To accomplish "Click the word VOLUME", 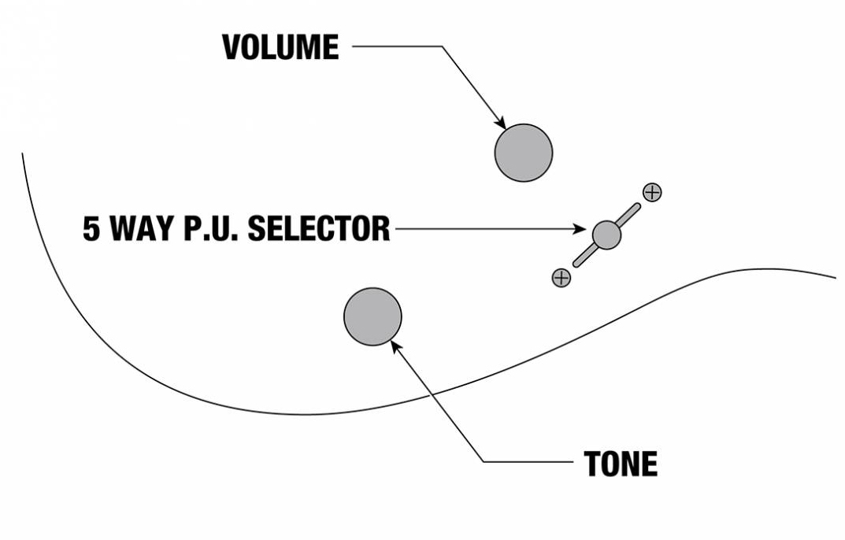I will pos(280,48).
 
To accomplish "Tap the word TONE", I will pos(621,464).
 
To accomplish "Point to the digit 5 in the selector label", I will pos(92,229).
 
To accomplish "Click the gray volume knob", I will pos(524,153).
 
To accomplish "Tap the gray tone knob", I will pos(372,316).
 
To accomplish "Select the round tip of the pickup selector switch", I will pos(606,234).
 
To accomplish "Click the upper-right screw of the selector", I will pos(652,191).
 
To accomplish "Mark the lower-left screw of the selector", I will pos(561,277).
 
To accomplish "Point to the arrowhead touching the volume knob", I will pos(501,123).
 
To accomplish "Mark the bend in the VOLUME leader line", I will pos(442,46).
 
